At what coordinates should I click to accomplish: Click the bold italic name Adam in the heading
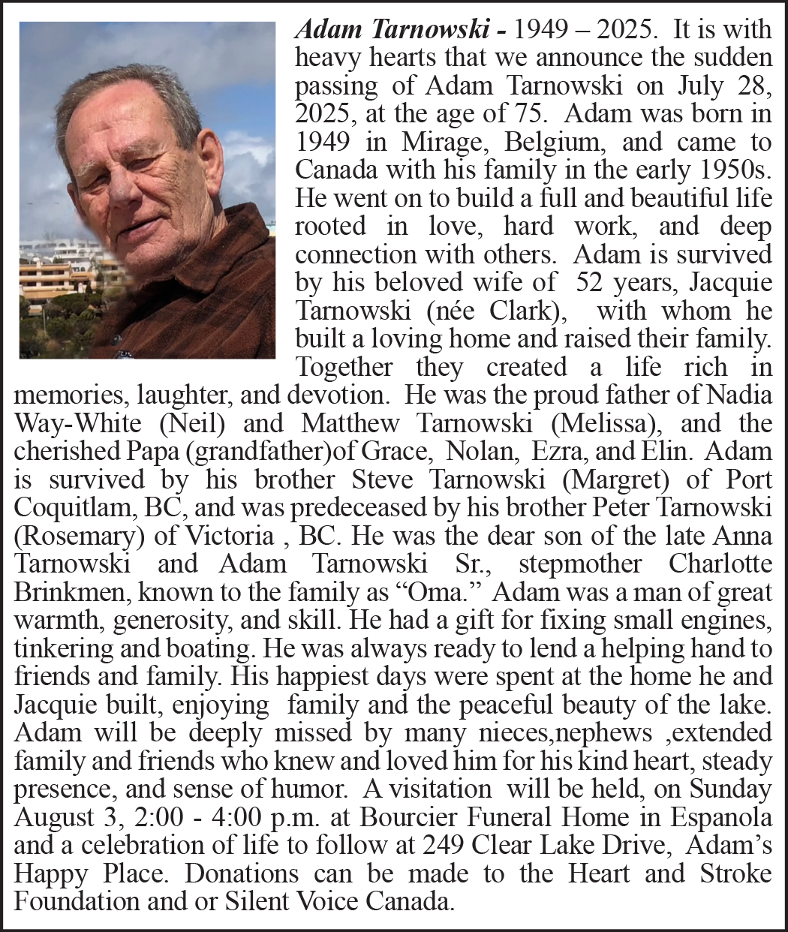pyautogui.click(x=325, y=30)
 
